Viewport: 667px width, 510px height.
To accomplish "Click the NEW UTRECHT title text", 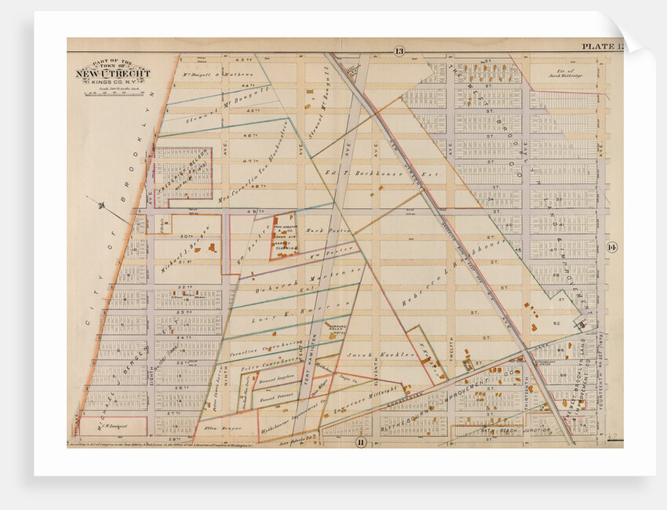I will pos(113,75).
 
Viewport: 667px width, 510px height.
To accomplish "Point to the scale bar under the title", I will pos(112,93).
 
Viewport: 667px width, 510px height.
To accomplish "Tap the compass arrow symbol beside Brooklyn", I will pos(103,205).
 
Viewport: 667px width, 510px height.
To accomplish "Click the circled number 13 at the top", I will pos(399,51).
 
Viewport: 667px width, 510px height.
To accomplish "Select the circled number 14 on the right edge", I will pos(612,248).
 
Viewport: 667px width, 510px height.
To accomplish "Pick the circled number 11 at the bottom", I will pos(360,443).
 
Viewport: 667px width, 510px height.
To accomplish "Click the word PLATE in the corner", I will pos(594,47).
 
